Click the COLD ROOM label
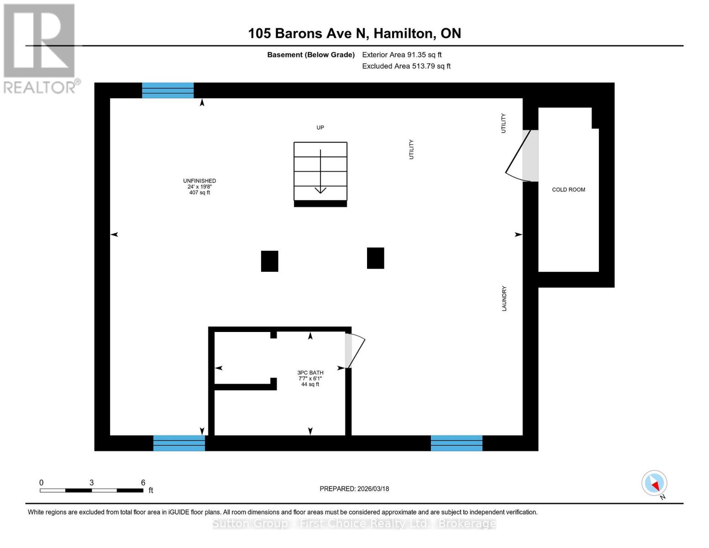coord(568,190)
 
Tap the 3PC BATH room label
coord(310,378)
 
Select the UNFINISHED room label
coord(200,186)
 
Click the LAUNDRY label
coord(504,299)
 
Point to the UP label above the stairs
coord(320,127)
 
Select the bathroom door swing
coord(355,351)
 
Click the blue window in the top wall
coord(168,90)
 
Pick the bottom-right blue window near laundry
coord(457,443)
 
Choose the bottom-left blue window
coord(179,443)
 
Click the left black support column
coord(269,261)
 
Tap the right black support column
coord(375,258)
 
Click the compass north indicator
coord(655,484)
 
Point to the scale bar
coord(91,490)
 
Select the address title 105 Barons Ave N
coord(354,33)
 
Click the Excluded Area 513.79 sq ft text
coord(406,66)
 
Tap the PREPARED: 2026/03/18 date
coord(354,489)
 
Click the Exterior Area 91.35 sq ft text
coord(402,55)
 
